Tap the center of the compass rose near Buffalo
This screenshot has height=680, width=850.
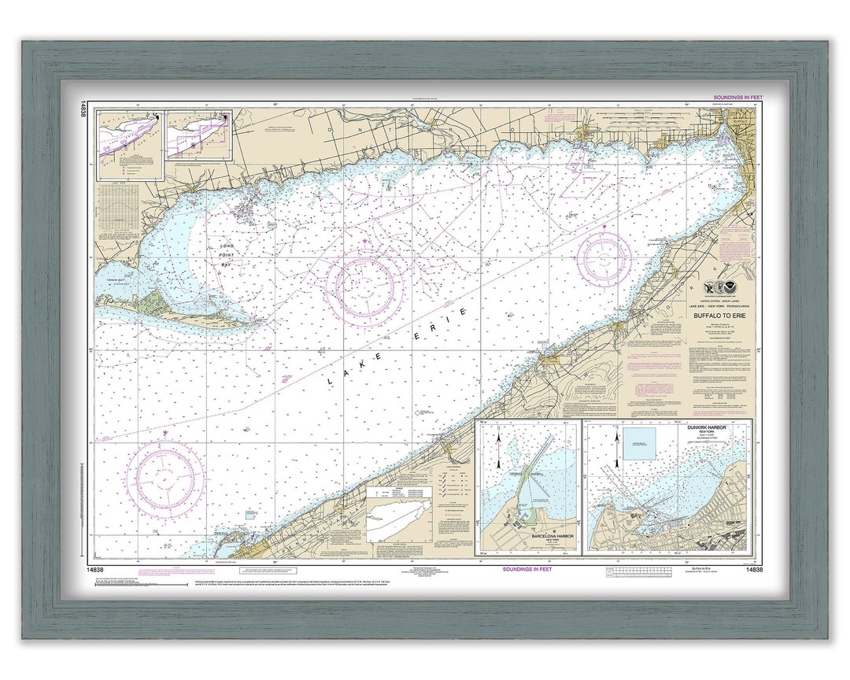click(x=604, y=257)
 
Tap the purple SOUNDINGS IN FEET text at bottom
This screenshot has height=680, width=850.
click(x=527, y=570)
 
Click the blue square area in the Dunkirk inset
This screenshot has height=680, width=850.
click(x=639, y=442)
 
